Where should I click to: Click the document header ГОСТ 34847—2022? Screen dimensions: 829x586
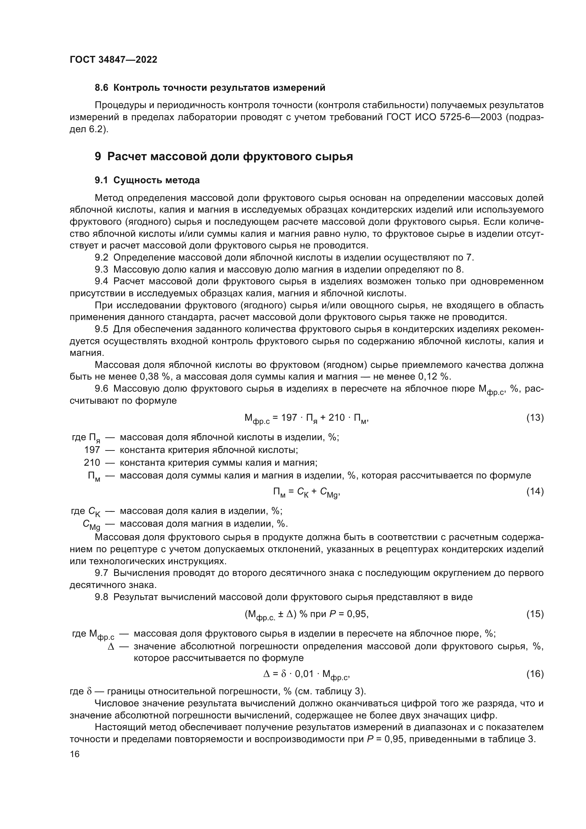click(x=113, y=60)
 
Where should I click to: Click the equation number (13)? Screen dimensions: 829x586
click(x=535, y=418)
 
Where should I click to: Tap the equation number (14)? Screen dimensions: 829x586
click(x=535, y=491)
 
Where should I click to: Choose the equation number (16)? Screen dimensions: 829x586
click(x=535, y=673)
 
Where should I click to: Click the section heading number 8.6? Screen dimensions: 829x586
click(x=101, y=88)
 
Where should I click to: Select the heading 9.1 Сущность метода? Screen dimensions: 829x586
click(x=147, y=180)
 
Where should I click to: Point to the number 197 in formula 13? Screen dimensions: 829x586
click(x=289, y=418)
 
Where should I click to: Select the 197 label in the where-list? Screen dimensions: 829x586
click(x=92, y=450)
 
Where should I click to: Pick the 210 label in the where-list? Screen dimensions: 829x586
click(x=92, y=463)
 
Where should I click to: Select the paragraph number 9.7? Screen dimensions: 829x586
click(x=101, y=573)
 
